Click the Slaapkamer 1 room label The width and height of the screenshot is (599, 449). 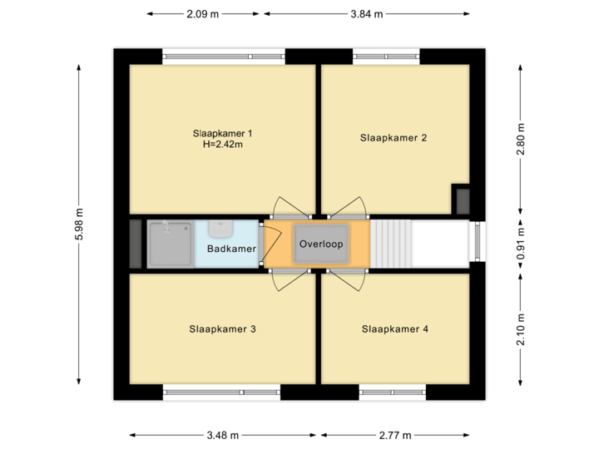[x=222, y=132]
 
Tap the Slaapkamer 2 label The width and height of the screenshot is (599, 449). [x=394, y=137]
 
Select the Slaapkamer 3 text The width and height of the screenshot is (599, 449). [x=222, y=329]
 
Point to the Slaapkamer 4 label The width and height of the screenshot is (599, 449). [x=395, y=329]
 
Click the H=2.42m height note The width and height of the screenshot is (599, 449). [x=222, y=144]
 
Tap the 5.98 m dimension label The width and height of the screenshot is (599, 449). [x=79, y=224]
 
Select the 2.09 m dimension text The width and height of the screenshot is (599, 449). [x=203, y=14]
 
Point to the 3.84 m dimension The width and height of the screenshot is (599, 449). [x=367, y=14]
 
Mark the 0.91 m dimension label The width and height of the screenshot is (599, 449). [x=522, y=244]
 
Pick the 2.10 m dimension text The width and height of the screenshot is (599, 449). [x=522, y=329]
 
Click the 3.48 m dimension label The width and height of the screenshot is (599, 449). [x=223, y=435]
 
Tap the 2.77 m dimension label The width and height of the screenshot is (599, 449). [x=396, y=435]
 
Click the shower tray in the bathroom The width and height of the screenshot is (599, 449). [x=171, y=243]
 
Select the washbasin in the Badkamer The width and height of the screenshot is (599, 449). [x=220, y=227]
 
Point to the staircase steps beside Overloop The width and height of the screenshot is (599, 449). [x=390, y=243]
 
